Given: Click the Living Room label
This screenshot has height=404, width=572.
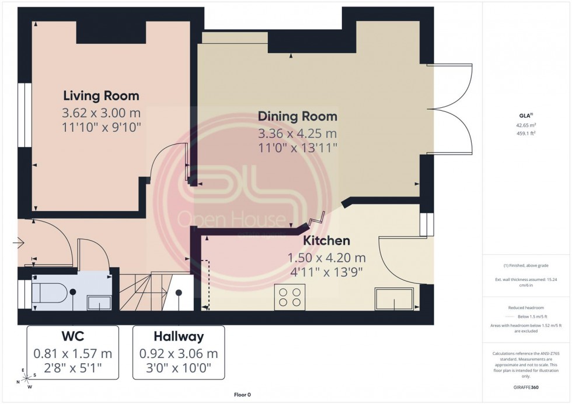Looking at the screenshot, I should (x=101, y=96).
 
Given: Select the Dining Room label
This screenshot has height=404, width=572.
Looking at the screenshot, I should (x=298, y=116).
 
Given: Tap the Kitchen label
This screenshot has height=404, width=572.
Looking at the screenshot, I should (x=326, y=240).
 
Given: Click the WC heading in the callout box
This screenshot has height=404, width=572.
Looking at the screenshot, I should (x=72, y=336).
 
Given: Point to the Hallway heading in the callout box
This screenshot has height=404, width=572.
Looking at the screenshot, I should (x=179, y=336).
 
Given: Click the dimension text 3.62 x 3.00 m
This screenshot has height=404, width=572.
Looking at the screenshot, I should (x=101, y=112).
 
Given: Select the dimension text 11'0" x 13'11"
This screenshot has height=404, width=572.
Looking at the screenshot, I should (x=298, y=148).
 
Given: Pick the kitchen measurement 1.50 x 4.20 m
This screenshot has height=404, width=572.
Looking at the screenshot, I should (x=326, y=257).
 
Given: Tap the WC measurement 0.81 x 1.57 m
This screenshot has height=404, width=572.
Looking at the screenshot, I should (x=72, y=353).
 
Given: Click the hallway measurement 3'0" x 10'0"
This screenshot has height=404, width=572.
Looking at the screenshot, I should (x=179, y=368).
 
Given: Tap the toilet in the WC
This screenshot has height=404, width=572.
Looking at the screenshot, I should (x=50, y=293).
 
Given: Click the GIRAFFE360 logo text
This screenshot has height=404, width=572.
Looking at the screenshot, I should (x=525, y=387).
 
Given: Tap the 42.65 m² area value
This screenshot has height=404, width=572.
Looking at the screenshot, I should (x=526, y=125).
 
